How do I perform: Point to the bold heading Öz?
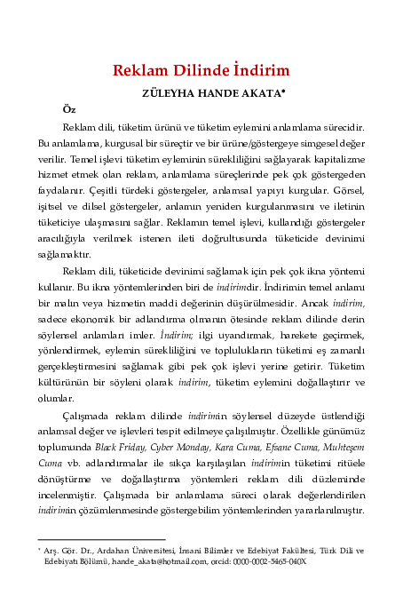(x=68, y=108)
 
